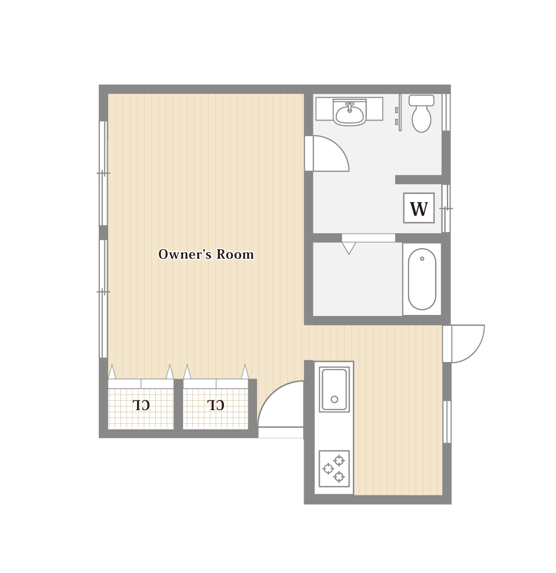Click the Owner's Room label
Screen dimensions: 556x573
[206, 254]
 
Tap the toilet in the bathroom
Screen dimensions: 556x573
[421, 113]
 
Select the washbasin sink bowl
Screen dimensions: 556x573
[349, 114]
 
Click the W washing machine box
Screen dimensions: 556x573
[419, 208]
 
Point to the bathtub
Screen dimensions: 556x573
[422, 279]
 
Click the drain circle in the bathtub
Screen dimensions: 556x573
[422, 259]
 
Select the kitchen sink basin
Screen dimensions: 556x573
[334, 389]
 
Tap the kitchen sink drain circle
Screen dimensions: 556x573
[334, 399]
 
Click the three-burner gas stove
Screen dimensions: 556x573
[334, 469]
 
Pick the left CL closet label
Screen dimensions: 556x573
[141, 405]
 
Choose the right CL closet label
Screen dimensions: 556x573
[216, 405]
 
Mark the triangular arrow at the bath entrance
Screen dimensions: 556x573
[349, 248]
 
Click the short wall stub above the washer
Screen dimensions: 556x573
[418, 179]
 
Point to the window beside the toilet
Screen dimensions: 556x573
[446, 112]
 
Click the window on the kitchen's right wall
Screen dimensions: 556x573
[447, 421]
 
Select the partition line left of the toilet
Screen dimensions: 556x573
[400, 113]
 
